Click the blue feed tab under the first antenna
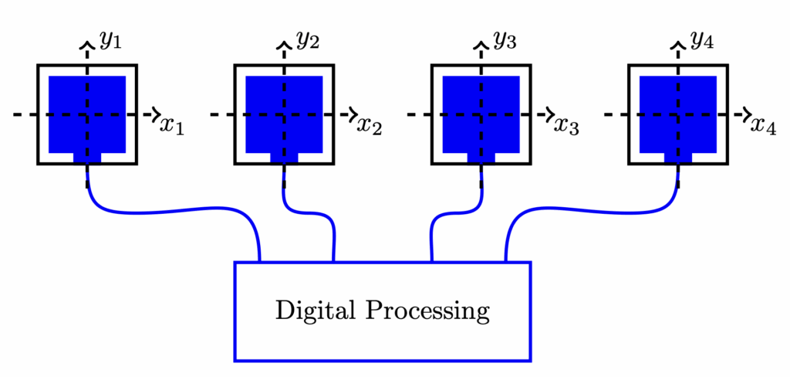pos(87,158)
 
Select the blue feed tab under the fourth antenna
pos(678,158)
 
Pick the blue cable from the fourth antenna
pos(586,209)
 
